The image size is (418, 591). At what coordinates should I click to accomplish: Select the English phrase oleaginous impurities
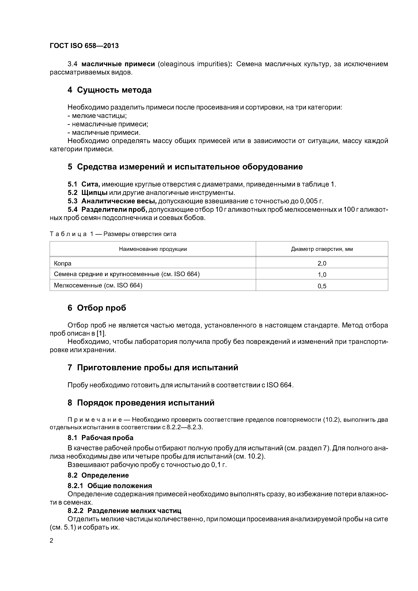click(x=194, y=64)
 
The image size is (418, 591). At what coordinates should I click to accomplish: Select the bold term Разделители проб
click(x=114, y=210)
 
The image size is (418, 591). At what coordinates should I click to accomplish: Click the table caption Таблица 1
click(x=68, y=234)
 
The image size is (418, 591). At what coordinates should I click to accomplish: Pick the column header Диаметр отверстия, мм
click(x=322, y=249)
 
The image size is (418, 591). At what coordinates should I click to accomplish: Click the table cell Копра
click(x=63, y=263)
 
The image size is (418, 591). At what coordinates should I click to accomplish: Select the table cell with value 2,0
click(x=322, y=263)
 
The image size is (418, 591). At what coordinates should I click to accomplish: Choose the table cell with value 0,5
click(x=322, y=286)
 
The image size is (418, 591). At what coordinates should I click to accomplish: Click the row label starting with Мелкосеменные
click(x=98, y=285)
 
